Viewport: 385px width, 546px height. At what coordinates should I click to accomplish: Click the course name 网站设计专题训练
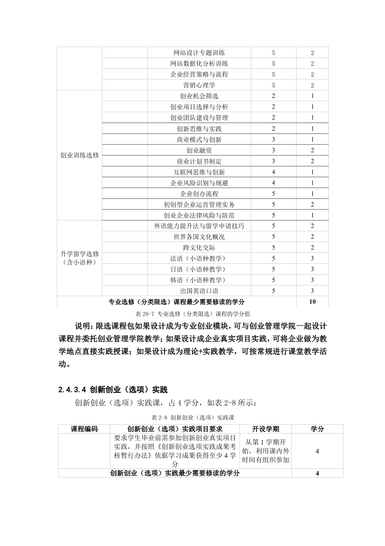tap(199, 53)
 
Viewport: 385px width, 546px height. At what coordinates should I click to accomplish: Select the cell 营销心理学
tap(199, 85)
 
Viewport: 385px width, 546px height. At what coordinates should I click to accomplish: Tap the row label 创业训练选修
tap(80, 155)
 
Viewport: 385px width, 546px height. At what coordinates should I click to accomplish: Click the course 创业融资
tap(199, 150)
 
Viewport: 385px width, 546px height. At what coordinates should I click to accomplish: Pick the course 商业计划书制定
tap(199, 161)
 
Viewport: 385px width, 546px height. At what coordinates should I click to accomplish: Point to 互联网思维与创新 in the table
tap(199, 172)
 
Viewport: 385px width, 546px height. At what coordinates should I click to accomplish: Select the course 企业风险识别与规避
tap(199, 183)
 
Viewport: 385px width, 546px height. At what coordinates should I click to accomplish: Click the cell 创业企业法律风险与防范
tap(199, 215)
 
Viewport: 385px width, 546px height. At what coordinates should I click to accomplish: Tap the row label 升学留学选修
tap(80, 254)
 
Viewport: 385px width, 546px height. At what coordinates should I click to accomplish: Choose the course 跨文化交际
tap(199, 248)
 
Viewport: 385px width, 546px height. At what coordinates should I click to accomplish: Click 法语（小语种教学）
tap(199, 259)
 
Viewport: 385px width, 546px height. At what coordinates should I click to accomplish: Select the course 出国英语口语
tap(199, 291)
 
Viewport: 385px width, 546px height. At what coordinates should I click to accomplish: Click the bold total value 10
tap(312, 302)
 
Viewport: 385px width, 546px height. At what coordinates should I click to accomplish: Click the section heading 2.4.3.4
tap(73, 389)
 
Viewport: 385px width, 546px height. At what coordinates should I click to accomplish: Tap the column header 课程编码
tap(84, 429)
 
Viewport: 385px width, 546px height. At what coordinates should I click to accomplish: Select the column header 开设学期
tap(265, 429)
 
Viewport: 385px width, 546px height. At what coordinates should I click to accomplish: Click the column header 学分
tap(317, 429)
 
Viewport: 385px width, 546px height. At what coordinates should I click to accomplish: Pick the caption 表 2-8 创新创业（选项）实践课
tap(193, 417)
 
